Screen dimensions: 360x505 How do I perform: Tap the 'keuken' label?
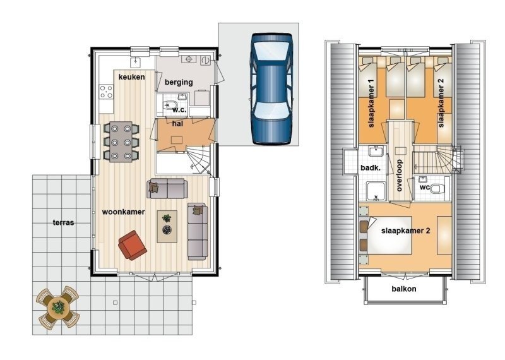(x=131, y=77)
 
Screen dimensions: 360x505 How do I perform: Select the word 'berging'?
(x=179, y=83)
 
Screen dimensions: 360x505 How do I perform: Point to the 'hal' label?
(x=177, y=123)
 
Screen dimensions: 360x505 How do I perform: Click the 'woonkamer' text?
(x=124, y=212)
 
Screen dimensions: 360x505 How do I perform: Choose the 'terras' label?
(x=64, y=223)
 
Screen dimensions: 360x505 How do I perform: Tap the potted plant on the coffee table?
(x=167, y=219)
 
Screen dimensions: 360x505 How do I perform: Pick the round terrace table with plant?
(x=58, y=307)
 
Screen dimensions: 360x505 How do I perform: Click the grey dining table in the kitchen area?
(x=121, y=141)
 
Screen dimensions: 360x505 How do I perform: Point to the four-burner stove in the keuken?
(x=105, y=92)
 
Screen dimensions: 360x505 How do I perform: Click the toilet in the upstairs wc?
(x=438, y=187)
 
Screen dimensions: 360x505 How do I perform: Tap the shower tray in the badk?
(x=377, y=190)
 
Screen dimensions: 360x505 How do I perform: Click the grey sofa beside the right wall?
(x=198, y=231)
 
